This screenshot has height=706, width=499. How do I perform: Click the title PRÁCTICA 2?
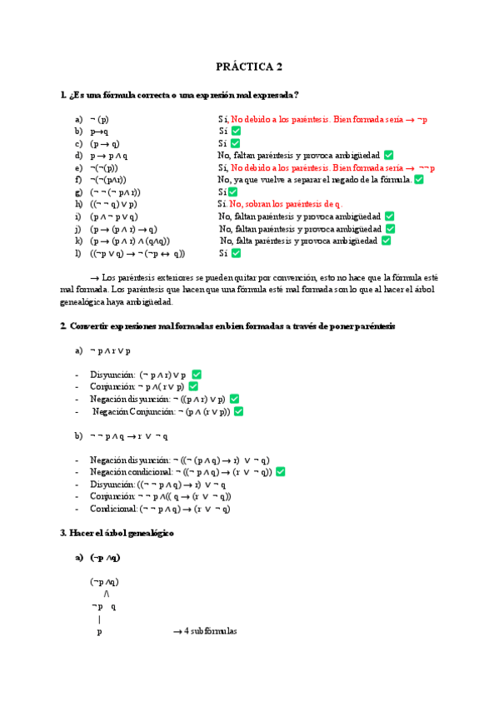pyautogui.click(x=250, y=67)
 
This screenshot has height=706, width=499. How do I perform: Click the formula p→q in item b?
pyautogui.click(x=99, y=132)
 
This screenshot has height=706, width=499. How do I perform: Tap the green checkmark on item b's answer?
pyautogui.click(x=236, y=132)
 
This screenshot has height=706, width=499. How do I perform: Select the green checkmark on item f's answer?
pyautogui.click(x=419, y=179)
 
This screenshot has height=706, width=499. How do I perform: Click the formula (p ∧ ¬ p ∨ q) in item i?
pyautogui.click(x=114, y=216)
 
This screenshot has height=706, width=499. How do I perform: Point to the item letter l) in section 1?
pyautogui.click(x=77, y=253)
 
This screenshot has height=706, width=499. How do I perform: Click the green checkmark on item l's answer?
pyautogui.click(x=236, y=253)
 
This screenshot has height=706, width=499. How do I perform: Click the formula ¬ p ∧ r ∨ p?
pyautogui.click(x=109, y=351)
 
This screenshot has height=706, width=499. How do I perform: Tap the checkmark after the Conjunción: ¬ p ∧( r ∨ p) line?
pyautogui.click(x=193, y=386)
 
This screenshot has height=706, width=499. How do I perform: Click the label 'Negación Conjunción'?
pyautogui.click(x=131, y=411)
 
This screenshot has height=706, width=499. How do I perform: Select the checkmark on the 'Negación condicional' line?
pyautogui.click(x=281, y=472)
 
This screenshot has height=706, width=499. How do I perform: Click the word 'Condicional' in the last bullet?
pyautogui.click(x=113, y=509)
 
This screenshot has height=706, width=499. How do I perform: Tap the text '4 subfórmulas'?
pyautogui.click(x=208, y=631)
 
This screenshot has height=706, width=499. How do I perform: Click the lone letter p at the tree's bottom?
pyautogui.click(x=99, y=632)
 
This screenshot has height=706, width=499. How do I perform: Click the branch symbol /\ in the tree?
pyautogui.click(x=107, y=594)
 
